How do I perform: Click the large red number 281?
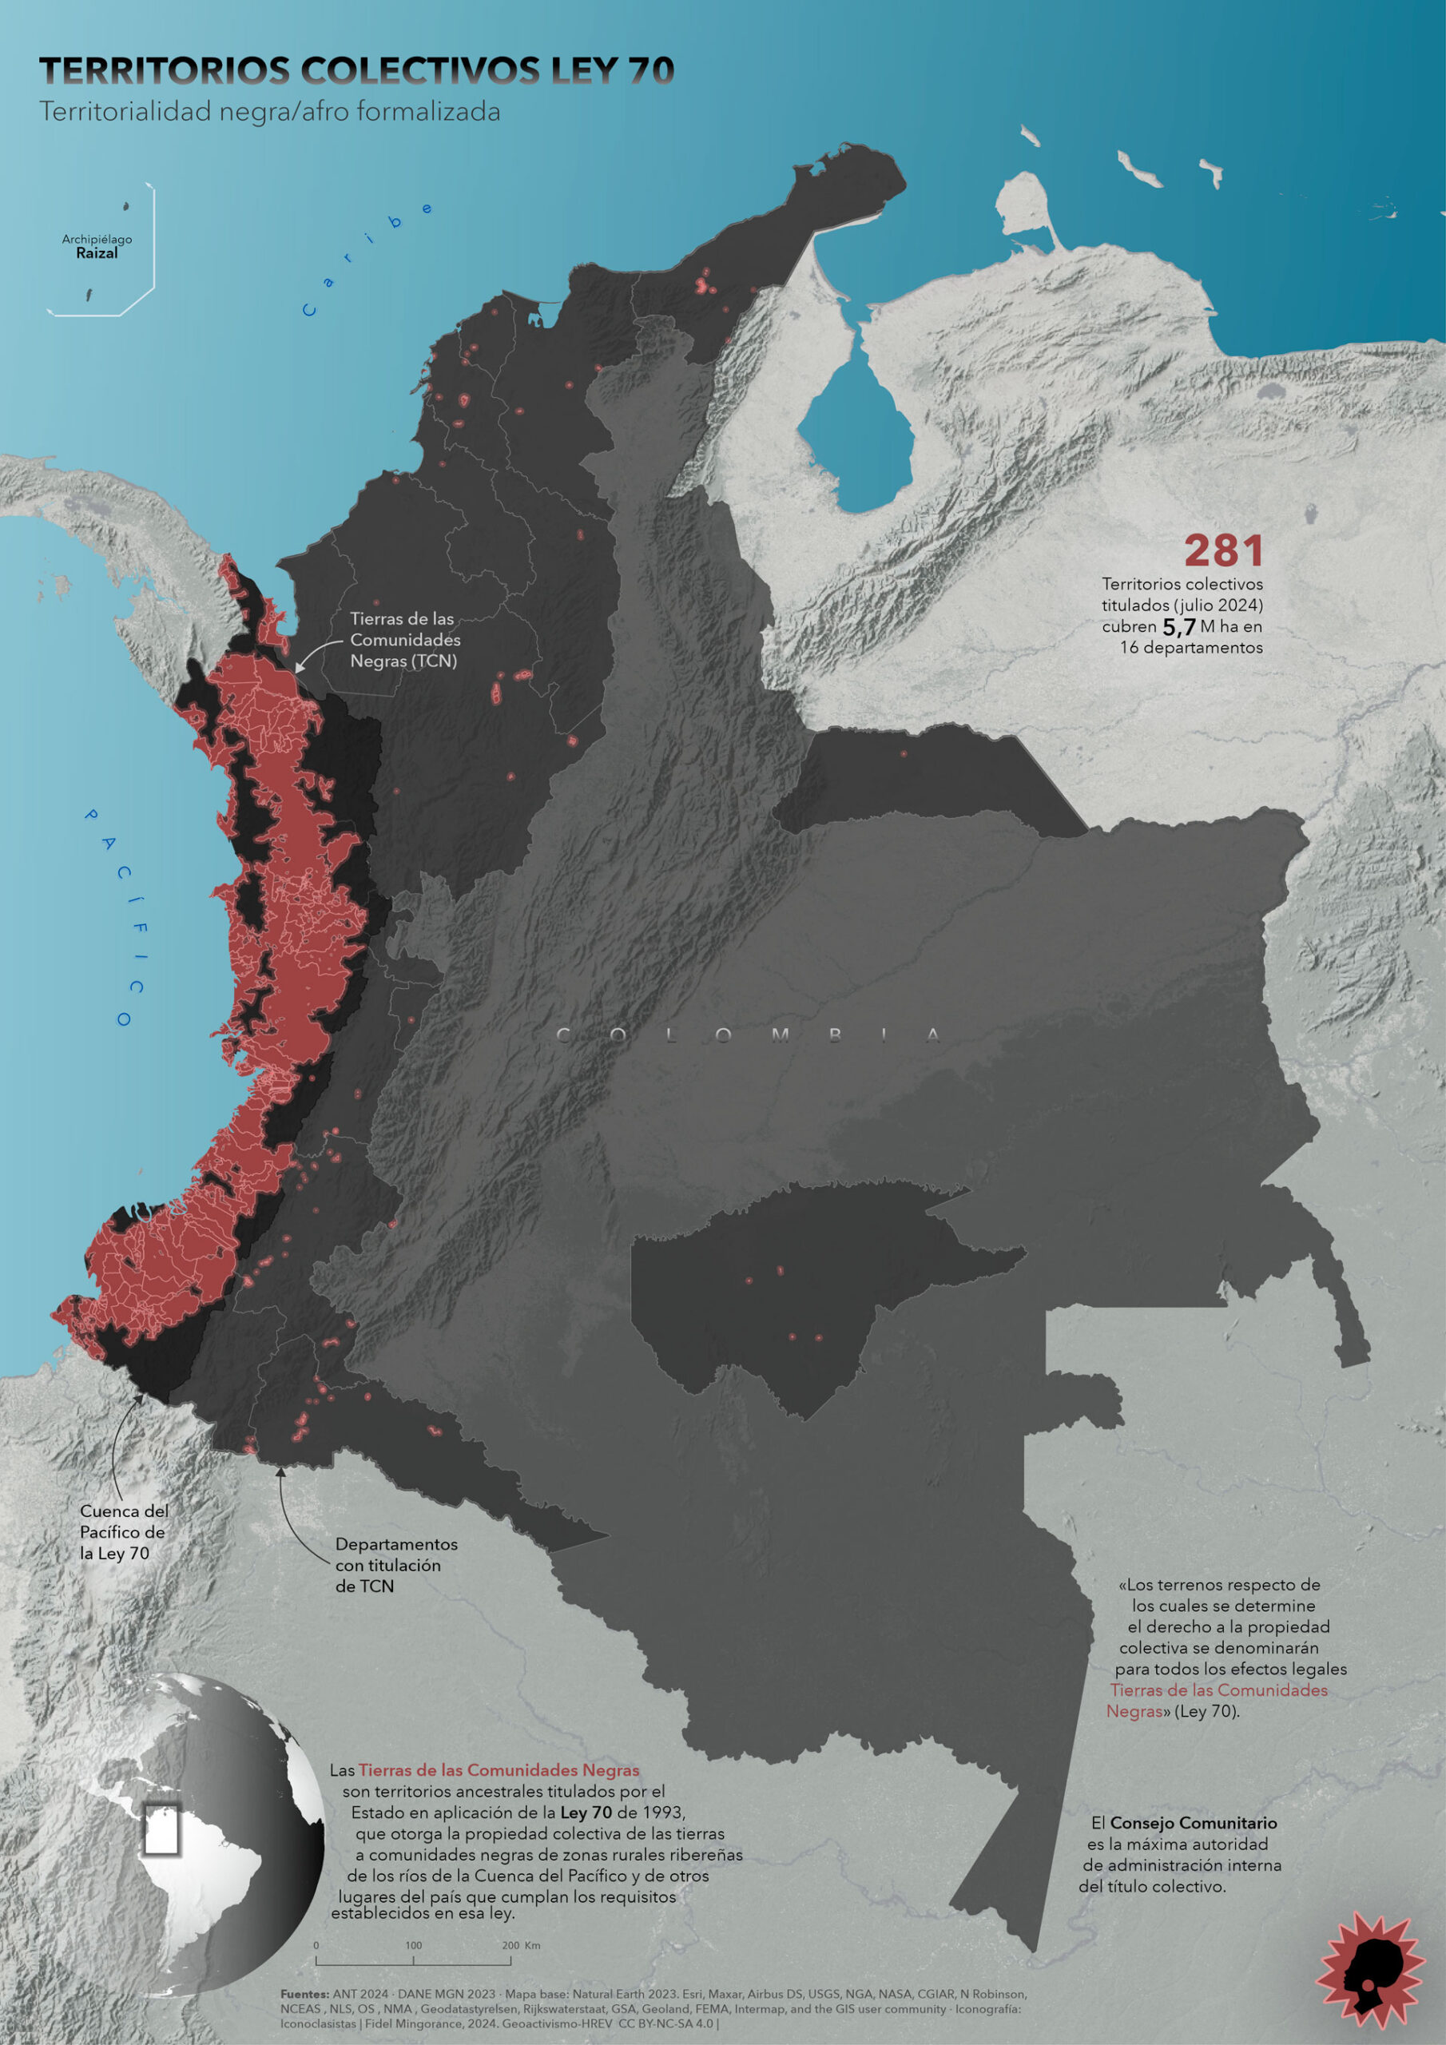(x=1222, y=551)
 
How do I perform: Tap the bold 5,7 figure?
(x=1178, y=627)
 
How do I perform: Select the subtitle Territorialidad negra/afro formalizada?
(x=269, y=112)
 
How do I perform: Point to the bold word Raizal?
(x=96, y=254)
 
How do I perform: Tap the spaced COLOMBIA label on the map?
(x=749, y=1035)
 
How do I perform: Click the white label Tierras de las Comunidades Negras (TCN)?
(x=404, y=640)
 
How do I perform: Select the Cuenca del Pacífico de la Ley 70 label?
(x=123, y=1532)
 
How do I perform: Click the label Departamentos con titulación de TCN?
(x=395, y=1565)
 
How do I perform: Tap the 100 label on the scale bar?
(x=413, y=1945)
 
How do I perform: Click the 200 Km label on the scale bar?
(x=520, y=1945)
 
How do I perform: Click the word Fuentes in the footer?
(x=304, y=1994)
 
